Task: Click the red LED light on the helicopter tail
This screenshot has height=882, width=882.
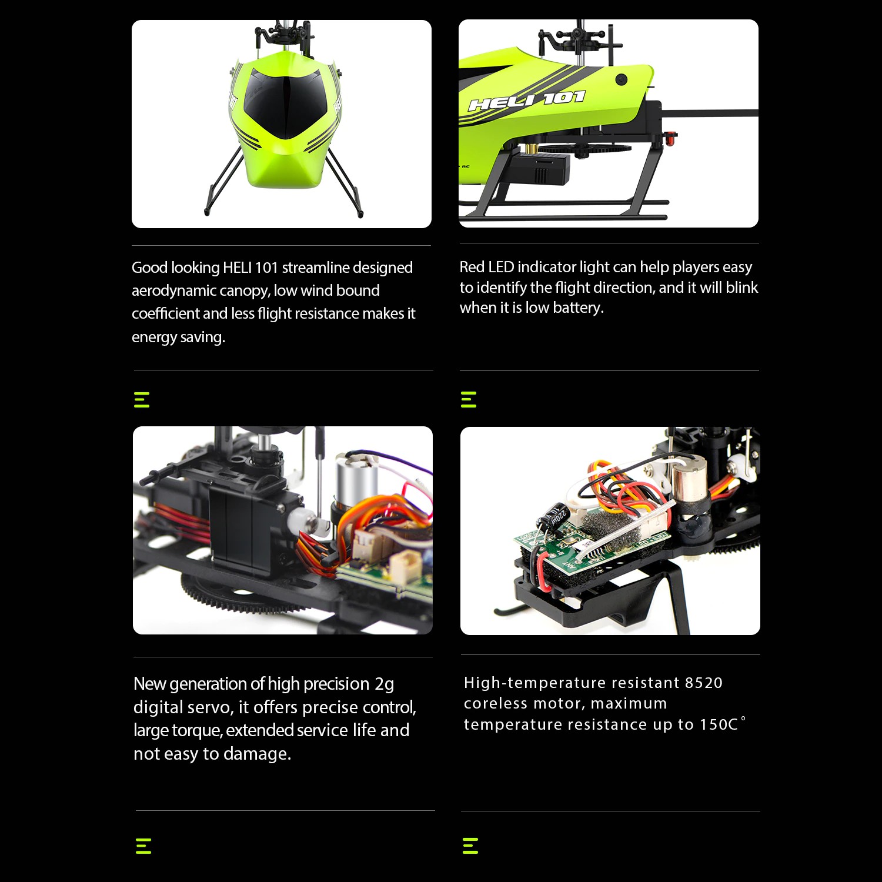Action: coord(670,138)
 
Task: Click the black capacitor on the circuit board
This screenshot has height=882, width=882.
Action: coord(553,518)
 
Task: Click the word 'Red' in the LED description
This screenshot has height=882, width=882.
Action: coord(472,267)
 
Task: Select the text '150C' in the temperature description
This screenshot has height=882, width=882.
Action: coord(719,724)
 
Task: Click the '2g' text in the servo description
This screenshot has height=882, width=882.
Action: coord(384,684)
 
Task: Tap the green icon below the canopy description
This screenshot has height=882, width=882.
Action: coord(142,400)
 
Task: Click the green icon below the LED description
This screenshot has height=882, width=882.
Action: coord(469,399)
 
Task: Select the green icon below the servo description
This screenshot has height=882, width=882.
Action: coord(143,846)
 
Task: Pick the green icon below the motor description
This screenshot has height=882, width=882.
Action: coord(470,846)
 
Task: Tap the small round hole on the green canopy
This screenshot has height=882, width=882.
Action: coord(621,79)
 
